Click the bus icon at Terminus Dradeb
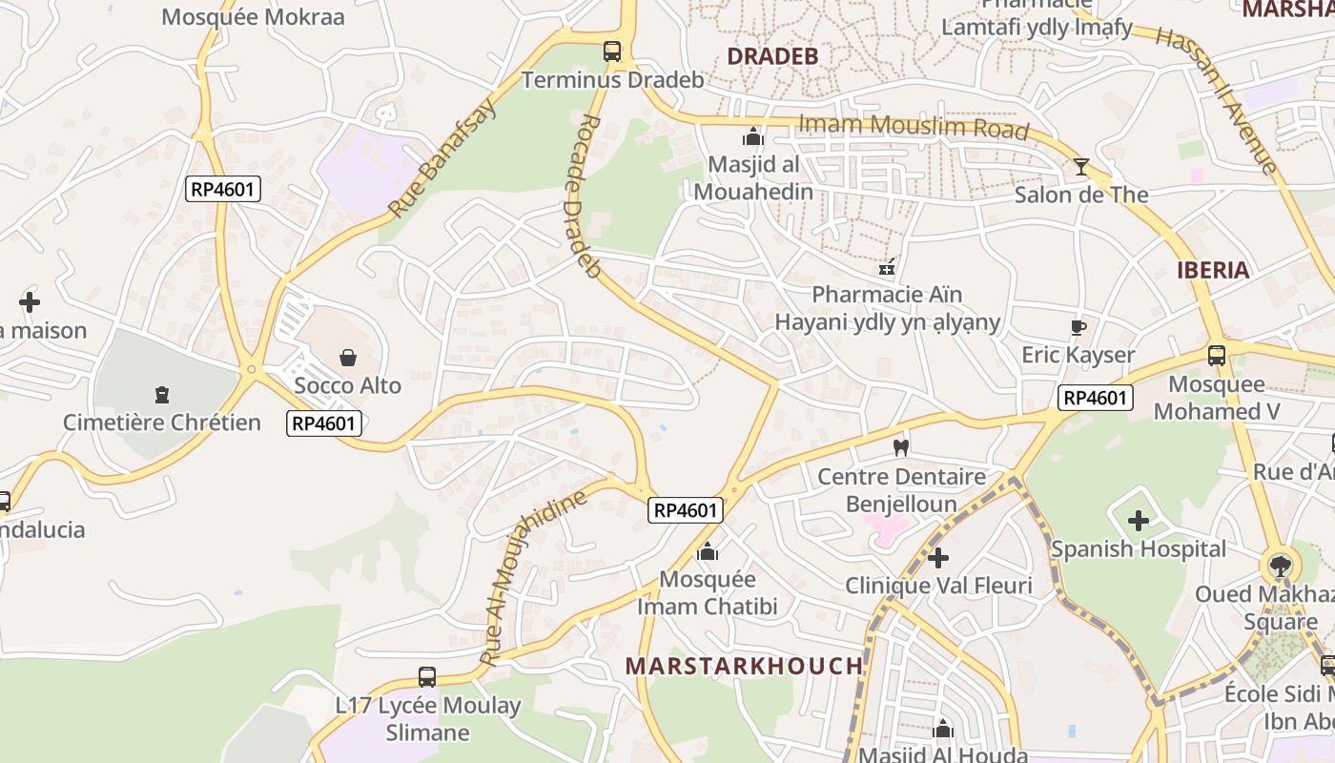pyautogui.click(x=612, y=52)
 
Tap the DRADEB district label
pyautogui.click(x=772, y=56)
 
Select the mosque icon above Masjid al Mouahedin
pyautogui.click(x=753, y=136)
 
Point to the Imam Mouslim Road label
pyautogui.click(x=914, y=126)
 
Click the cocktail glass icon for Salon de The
pyautogui.click(x=1080, y=167)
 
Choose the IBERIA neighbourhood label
pyautogui.click(x=1212, y=270)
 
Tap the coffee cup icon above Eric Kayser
pyautogui.click(x=1078, y=327)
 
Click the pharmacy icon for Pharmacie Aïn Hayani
pyautogui.click(x=887, y=268)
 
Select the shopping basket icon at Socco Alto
pyautogui.click(x=348, y=358)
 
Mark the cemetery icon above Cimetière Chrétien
pyautogui.click(x=161, y=394)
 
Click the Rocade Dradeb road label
pyautogui.click(x=579, y=196)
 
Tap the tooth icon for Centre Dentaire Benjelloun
pyautogui.click(x=900, y=447)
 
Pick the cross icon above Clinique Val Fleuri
pyautogui.click(x=938, y=557)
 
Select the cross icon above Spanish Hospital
pyautogui.click(x=1139, y=521)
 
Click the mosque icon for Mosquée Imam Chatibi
pyautogui.click(x=707, y=551)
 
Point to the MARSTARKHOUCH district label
pyautogui.click(x=744, y=666)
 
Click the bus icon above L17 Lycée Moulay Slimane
pyautogui.click(x=427, y=677)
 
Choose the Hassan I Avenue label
pyautogui.click(x=1215, y=100)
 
